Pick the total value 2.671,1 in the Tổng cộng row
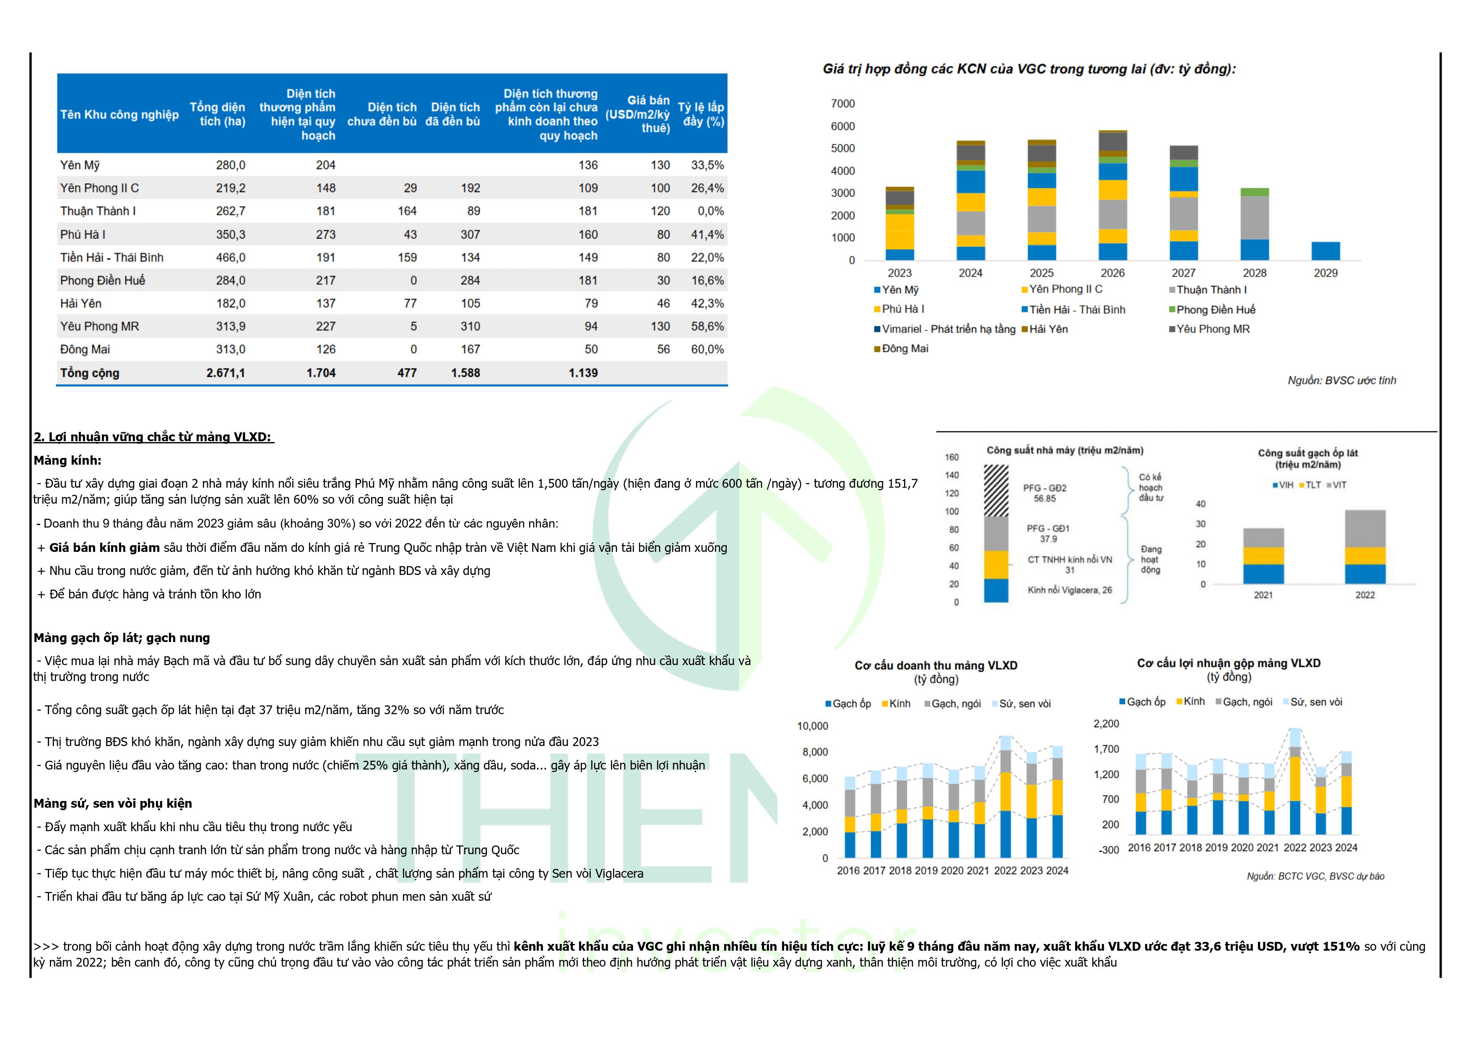point(226,373)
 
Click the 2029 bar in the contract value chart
point(1325,250)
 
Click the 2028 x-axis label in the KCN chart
point(1255,273)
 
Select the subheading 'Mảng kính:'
point(67,461)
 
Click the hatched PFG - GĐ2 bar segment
point(996,490)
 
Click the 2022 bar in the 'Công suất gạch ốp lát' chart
point(1364,546)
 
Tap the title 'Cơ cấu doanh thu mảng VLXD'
point(936,666)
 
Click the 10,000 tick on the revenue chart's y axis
point(812,726)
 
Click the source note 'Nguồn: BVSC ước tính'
point(1341,381)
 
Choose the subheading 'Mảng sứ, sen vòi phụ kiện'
point(113,803)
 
